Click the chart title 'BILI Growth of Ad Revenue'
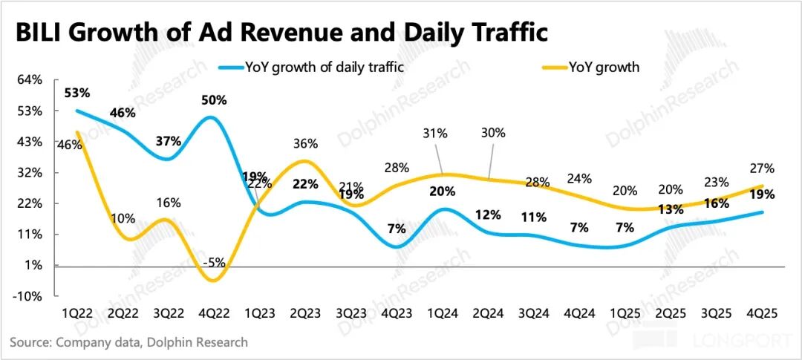pyautogui.click(x=281, y=33)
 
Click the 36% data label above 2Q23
pyautogui.click(x=304, y=143)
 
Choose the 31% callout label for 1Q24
pyautogui.click(x=435, y=134)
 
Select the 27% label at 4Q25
pyautogui.click(x=763, y=168)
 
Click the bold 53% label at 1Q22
pyautogui.click(x=76, y=93)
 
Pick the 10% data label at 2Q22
pyautogui.click(x=123, y=218)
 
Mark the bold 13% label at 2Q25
pyautogui.click(x=671, y=210)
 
